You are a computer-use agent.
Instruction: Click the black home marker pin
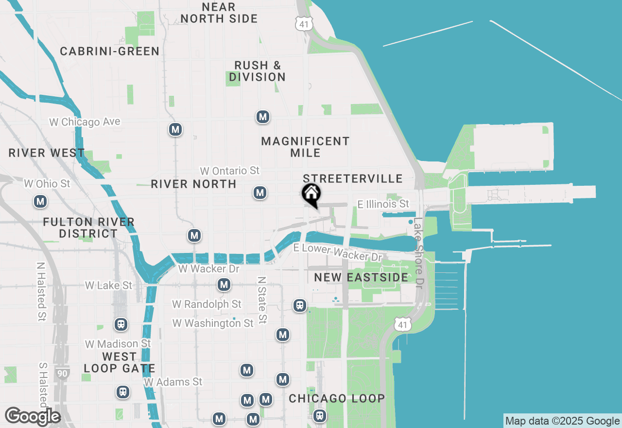[311, 194]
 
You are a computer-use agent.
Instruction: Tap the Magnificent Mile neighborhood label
[305, 147]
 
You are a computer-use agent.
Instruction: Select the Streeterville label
[352, 178]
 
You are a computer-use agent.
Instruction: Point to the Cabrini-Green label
[110, 51]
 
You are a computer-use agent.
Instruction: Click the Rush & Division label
[258, 71]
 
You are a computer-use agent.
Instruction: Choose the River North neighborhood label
[193, 184]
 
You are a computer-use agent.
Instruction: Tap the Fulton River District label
[88, 228]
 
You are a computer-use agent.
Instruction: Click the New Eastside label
[361, 277]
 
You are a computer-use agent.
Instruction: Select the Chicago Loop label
[337, 398]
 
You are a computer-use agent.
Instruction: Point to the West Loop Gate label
[119, 363]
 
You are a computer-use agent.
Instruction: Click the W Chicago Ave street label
[85, 122]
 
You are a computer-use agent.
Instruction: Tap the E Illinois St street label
[383, 204]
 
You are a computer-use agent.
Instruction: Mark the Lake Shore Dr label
[418, 252]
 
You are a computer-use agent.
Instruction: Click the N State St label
[262, 300]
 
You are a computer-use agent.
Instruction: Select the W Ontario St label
[230, 171]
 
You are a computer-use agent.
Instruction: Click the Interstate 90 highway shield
[62, 374]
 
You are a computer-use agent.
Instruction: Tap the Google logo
[33, 416]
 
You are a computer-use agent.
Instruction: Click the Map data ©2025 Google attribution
[562, 421]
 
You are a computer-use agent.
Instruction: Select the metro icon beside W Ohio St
[40, 201]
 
